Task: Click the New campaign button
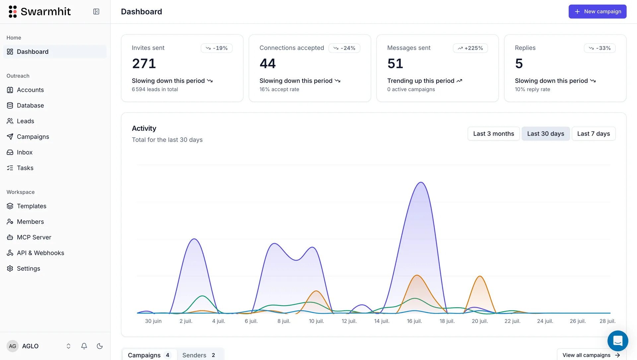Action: coord(597,12)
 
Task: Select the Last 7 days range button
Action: coord(593,134)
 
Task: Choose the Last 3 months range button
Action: coord(493,134)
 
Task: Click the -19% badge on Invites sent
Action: coord(217,48)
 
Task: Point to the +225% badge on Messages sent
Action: coord(470,48)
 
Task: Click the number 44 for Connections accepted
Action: coord(268,64)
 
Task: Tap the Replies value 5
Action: coord(519,64)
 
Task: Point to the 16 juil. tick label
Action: coord(414,321)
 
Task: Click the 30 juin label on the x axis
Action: coord(153,321)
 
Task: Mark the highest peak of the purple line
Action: coord(421,182)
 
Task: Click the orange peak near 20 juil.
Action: coord(480,276)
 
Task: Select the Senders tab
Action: coord(199,355)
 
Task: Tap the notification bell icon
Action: coord(84,346)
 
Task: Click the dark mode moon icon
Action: coord(100,346)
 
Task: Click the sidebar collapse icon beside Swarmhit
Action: coord(96,12)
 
